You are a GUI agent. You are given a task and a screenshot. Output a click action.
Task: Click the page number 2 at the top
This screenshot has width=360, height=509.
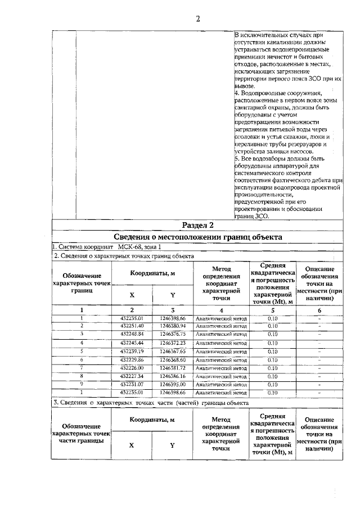[198, 19]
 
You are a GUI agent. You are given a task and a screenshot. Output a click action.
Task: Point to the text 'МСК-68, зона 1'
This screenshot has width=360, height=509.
[139, 247]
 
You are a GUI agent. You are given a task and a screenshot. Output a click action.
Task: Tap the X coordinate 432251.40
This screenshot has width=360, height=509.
[132, 326]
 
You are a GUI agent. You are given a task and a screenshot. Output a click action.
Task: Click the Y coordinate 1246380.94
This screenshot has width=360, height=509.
[173, 326]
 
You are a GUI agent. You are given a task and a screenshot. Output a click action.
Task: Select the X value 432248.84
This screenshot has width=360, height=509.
[132, 334]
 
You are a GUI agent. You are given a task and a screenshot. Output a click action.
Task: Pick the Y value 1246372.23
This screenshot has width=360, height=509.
[173, 343]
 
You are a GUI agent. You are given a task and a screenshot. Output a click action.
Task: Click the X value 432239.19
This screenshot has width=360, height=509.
[132, 351]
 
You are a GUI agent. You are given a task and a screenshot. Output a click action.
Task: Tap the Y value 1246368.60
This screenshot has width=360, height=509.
[173, 359]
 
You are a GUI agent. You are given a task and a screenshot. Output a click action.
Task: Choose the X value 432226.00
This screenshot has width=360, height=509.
[132, 367]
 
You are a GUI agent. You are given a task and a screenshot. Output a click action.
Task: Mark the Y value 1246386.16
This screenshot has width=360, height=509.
[173, 376]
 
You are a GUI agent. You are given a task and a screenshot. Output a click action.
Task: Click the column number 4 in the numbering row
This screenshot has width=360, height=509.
[221, 310]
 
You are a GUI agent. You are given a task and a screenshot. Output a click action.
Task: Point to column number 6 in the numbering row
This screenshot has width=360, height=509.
[319, 310]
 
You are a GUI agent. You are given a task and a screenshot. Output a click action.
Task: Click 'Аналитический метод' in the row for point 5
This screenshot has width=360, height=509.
[221, 351]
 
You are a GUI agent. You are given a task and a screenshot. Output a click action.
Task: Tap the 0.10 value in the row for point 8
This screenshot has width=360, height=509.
[273, 376]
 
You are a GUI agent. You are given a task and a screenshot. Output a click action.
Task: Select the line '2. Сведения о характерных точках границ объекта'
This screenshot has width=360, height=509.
[124, 256]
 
